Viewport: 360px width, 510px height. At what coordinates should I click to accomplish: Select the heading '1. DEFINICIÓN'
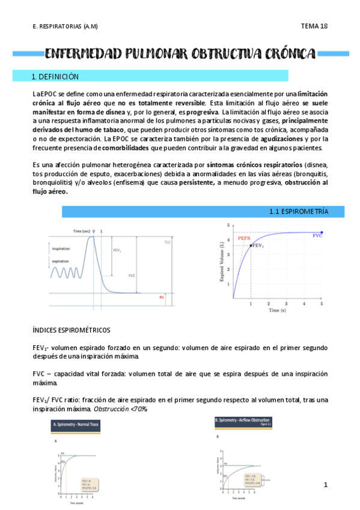tap(55, 77)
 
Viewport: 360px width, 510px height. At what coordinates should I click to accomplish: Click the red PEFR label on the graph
tap(244, 238)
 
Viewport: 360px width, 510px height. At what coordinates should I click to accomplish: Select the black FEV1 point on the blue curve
tap(251, 245)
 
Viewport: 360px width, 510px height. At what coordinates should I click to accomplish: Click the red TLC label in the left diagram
tap(168, 242)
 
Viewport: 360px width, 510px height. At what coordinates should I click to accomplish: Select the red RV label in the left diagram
tap(162, 297)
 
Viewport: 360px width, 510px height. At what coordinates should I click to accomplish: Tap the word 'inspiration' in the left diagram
tap(61, 248)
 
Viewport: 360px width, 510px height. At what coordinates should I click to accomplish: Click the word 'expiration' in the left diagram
tap(61, 262)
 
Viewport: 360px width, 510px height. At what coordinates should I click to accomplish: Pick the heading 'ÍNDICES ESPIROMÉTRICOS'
tap(72, 330)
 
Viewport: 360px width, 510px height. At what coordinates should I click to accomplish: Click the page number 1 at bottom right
tap(325, 484)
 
